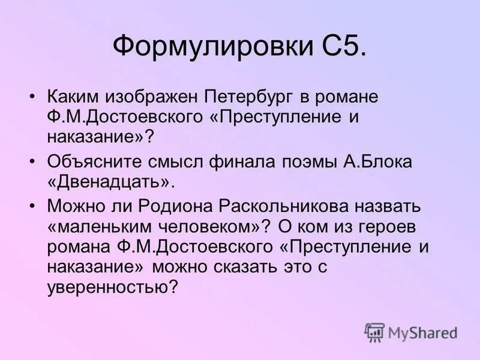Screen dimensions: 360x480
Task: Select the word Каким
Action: pyautogui.click(x=75, y=97)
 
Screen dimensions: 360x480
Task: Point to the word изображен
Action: pyautogui.click(x=154, y=97)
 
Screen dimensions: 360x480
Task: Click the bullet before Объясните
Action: pyautogui.click(x=34, y=163)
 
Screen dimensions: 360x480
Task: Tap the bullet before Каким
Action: pyautogui.click(x=34, y=97)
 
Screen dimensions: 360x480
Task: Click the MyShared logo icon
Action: pyautogui.click(x=374, y=332)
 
